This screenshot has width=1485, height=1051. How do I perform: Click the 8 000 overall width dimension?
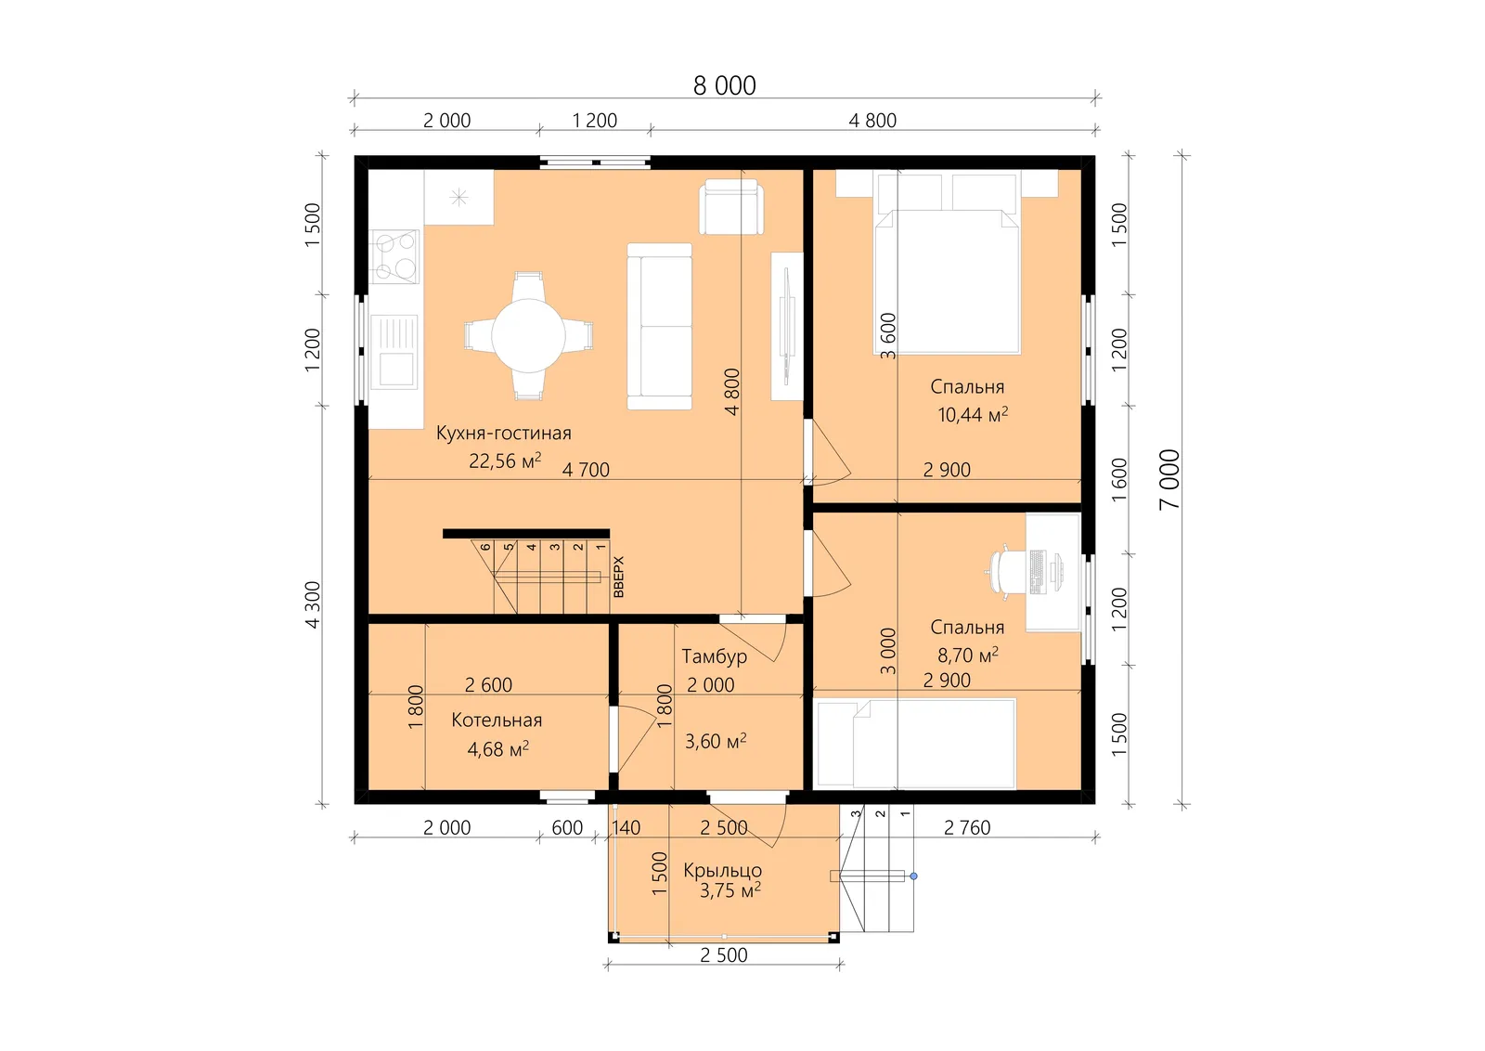724,85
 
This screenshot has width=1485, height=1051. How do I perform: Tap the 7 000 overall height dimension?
1169,479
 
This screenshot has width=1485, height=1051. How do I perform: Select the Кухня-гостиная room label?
503,433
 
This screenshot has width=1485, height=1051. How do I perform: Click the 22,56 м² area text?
505,461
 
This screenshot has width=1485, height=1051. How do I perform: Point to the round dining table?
528,335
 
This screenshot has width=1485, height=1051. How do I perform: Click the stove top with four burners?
395,256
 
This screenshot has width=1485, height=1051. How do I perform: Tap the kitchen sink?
394,352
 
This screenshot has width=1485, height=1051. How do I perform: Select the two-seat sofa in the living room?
660,326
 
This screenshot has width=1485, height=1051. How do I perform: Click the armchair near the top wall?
730,206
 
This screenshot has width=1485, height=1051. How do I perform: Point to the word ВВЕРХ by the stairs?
618,577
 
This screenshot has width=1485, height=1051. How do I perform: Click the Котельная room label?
497,720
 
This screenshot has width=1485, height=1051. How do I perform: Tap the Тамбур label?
714,656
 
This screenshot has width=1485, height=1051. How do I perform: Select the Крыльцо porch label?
722,870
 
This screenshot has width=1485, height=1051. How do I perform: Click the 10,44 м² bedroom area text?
973,414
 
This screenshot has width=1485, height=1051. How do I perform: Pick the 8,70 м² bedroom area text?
967,655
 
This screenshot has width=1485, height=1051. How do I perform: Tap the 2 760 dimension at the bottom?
966,827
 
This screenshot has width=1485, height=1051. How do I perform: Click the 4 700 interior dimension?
586,470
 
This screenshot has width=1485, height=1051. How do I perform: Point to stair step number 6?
485,547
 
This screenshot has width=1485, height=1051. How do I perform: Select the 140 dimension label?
626,827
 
